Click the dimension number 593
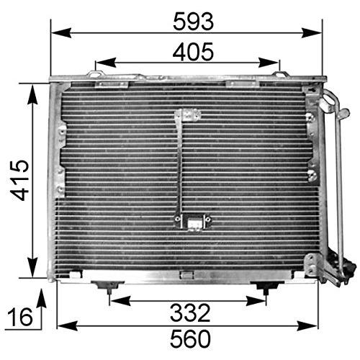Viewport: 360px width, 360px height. coord(193,22)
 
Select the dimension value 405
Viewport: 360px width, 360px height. coord(193,52)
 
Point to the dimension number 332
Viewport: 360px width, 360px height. coord(190,313)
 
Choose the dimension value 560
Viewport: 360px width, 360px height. coord(190,338)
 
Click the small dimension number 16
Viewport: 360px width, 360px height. coord(20,317)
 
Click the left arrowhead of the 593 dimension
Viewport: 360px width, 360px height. coord(61,33)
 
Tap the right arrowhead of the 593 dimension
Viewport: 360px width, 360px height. coord(311,33)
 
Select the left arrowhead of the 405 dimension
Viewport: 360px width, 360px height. coord(106,63)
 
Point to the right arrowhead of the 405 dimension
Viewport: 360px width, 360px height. coord(269,63)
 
